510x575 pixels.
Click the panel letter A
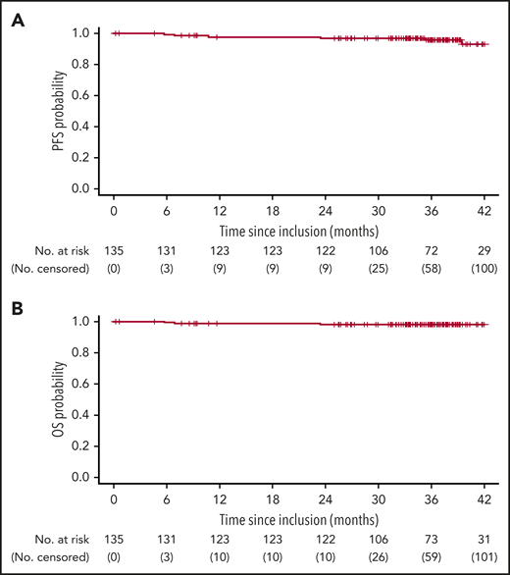18,17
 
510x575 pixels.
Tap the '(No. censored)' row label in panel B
43,556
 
